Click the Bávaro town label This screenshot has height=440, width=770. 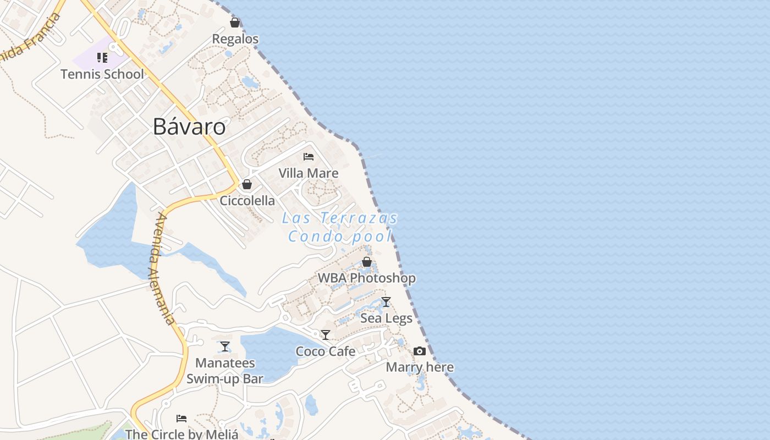point(189,127)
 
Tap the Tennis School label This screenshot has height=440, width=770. point(102,74)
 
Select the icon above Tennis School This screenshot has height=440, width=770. point(102,58)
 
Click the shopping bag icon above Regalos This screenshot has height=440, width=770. point(235,23)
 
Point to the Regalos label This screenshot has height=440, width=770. point(235,39)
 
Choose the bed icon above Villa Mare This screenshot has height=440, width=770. point(309,157)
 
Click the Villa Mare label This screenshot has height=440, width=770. point(309,173)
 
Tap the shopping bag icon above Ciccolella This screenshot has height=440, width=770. point(247,184)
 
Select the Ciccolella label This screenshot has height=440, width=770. point(248,201)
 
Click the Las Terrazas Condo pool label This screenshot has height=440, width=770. point(340,227)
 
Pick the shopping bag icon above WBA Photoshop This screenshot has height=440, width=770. point(367,262)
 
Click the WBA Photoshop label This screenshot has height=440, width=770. point(367,278)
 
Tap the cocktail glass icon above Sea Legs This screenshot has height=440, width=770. point(386,302)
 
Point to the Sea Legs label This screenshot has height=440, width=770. point(386,318)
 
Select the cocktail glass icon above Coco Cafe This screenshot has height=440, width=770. point(326,335)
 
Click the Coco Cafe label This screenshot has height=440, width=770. point(326,351)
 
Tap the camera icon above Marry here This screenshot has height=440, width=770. point(420,351)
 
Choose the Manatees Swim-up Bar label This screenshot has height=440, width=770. point(225,371)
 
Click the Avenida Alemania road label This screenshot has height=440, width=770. point(162,268)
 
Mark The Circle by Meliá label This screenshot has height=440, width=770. point(182,434)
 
